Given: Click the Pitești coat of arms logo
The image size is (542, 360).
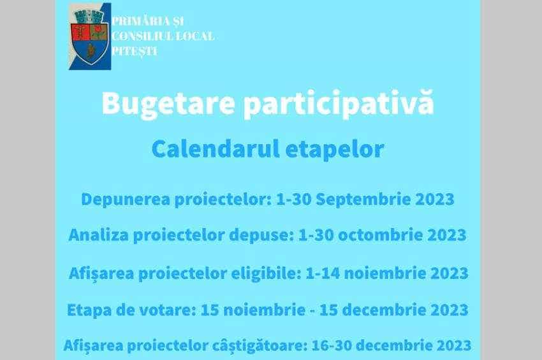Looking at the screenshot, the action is (90, 36).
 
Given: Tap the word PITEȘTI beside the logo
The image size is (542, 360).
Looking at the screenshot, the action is (135, 52).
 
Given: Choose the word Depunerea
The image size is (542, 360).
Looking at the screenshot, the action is (126, 199).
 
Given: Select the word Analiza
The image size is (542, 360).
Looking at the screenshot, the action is (98, 235).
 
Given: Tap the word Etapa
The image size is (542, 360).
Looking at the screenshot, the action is (89, 310).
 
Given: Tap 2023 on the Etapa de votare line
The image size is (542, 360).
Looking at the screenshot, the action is (448, 310).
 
